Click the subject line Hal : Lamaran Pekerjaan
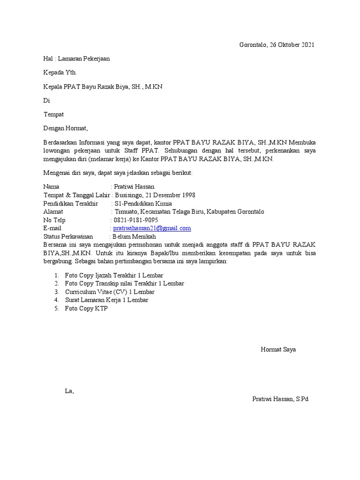[77, 59]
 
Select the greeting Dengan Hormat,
[66, 127]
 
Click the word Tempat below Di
[53, 114]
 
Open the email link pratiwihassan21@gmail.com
[152, 228]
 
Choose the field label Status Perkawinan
[68, 237]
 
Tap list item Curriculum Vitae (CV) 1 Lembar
[110, 292]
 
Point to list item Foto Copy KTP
[86, 308]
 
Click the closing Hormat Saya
[278, 350]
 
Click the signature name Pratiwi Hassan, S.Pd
[280, 399]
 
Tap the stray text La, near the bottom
[69, 391]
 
